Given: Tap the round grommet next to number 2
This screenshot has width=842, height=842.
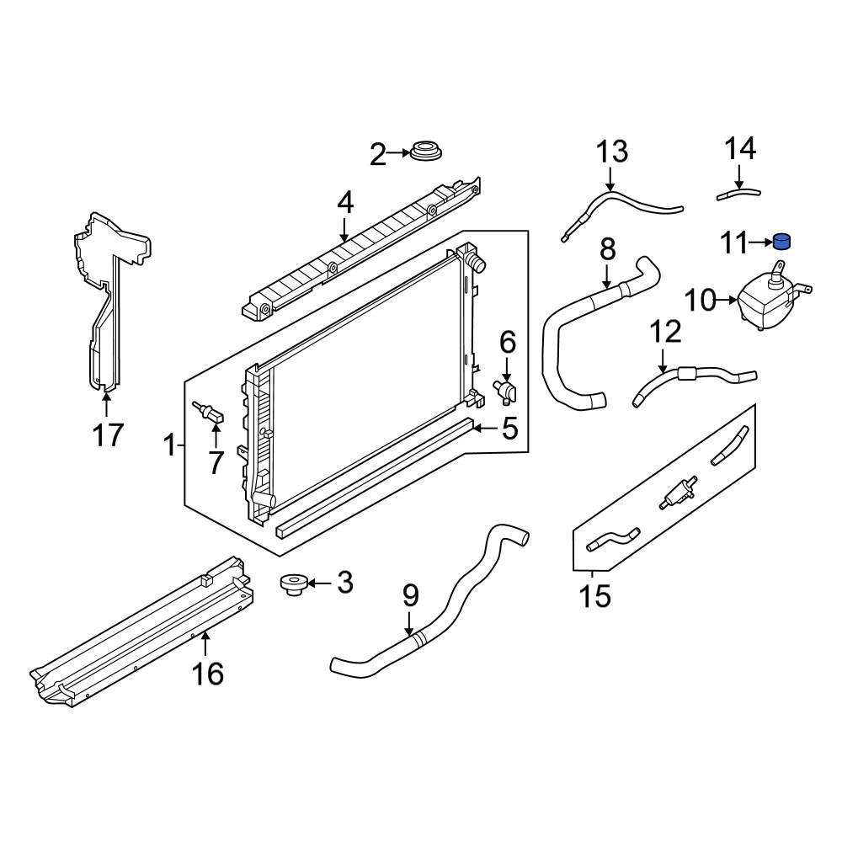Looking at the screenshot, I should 427,154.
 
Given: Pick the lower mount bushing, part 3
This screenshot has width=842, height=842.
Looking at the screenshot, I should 293,584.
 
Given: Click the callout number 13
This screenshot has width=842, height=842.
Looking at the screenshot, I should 612,152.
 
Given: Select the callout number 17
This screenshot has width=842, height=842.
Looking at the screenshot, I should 108,435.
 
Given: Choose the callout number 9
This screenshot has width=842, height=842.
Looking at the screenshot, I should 410,596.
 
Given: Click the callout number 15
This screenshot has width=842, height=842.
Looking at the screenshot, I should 594,596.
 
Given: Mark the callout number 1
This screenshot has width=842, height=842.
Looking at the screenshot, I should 169,444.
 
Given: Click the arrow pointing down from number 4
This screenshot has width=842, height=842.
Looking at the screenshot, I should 344,229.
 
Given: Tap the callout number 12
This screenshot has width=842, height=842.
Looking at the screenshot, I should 665,333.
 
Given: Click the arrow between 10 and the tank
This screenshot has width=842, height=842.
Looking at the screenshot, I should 727,299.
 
